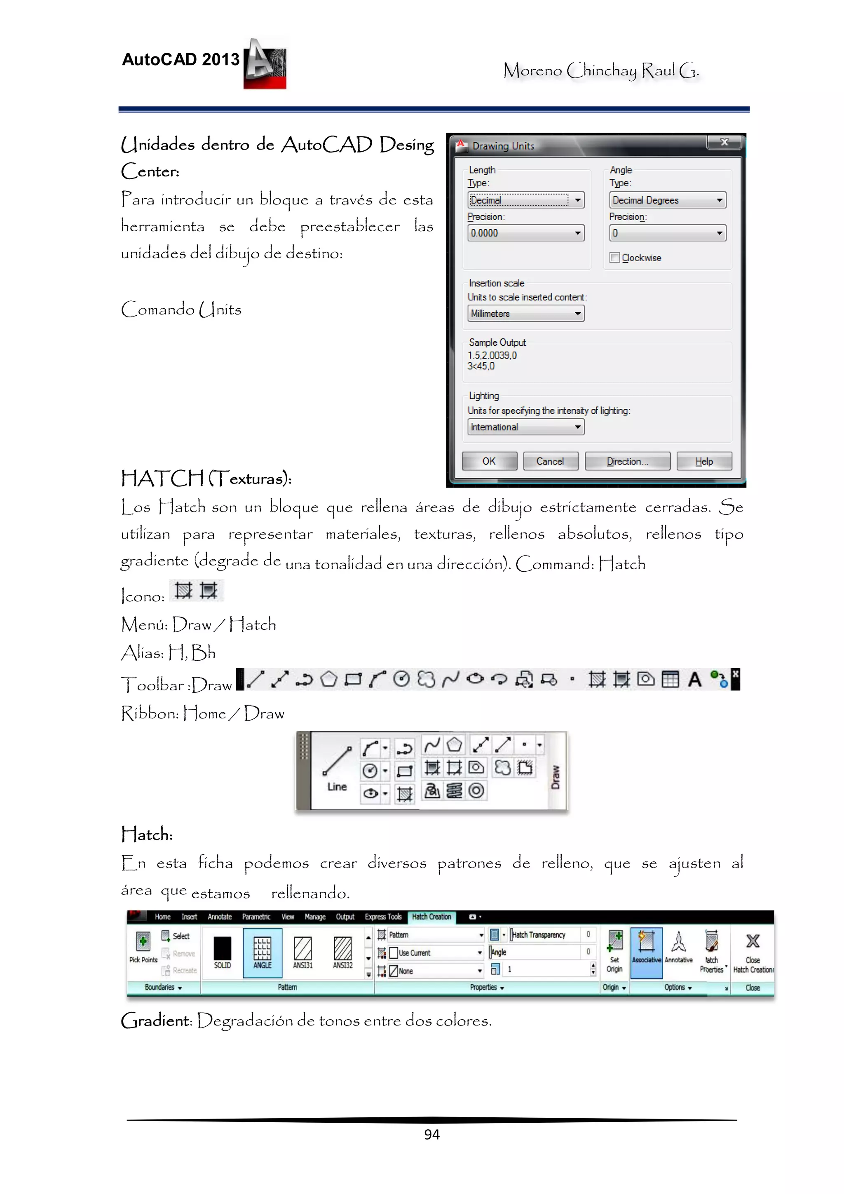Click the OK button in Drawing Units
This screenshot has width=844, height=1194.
(x=489, y=461)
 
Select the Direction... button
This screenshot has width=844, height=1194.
(x=627, y=461)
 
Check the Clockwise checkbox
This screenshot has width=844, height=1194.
(x=615, y=258)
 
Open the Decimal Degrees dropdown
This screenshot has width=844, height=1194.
(x=667, y=200)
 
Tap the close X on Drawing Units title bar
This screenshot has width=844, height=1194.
(x=724, y=142)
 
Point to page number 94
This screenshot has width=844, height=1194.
(x=431, y=1134)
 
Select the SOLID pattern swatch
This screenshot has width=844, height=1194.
(x=222, y=952)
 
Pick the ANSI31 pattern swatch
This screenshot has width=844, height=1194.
(x=302, y=952)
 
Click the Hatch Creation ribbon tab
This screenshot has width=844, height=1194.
(x=431, y=917)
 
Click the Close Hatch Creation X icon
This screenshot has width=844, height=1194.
(x=753, y=941)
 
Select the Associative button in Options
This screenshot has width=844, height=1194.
(x=646, y=948)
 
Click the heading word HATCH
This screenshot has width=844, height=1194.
(x=162, y=479)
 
